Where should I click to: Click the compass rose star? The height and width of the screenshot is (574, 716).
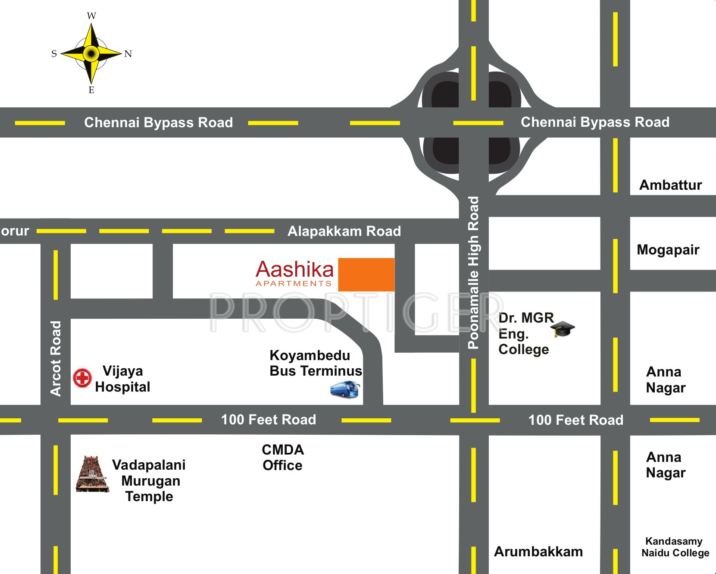(x=91, y=53)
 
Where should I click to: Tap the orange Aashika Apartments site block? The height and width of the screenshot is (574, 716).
(x=366, y=275)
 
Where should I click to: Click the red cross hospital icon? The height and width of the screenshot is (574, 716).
(x=82, y=378)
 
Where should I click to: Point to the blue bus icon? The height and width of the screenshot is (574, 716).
(x=344, y=389)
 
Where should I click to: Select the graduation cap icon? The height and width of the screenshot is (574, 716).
(x=563, y=329)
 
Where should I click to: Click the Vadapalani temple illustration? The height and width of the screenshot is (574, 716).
(x=91, y=474)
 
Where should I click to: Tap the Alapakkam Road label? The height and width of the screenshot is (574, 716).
(x=344, y=231)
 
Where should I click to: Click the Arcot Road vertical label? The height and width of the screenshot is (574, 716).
(x=56, y=358)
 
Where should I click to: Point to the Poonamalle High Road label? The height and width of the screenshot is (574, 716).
(x=473, y=273)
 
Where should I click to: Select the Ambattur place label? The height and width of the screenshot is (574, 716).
(x=670, y=185)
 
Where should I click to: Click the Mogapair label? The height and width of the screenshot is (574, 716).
(x=668, y=250)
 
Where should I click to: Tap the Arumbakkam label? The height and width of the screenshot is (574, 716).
(x=538, y=552)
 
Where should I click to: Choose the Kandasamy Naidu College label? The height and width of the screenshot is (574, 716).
(x=675, y=547)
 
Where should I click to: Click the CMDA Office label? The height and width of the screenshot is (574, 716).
(x=283, y=458)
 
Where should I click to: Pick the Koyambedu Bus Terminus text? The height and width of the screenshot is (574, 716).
(x=315, y=363)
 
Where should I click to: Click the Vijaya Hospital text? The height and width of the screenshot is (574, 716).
(x=122, y=379)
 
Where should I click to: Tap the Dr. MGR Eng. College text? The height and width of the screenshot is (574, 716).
(x=525, y=333)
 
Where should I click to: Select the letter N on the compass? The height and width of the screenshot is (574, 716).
(x=128, y=54)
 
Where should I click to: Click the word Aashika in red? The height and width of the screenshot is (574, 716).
(x=294, y=270)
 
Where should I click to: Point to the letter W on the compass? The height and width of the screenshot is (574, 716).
(x=91, y=16)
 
